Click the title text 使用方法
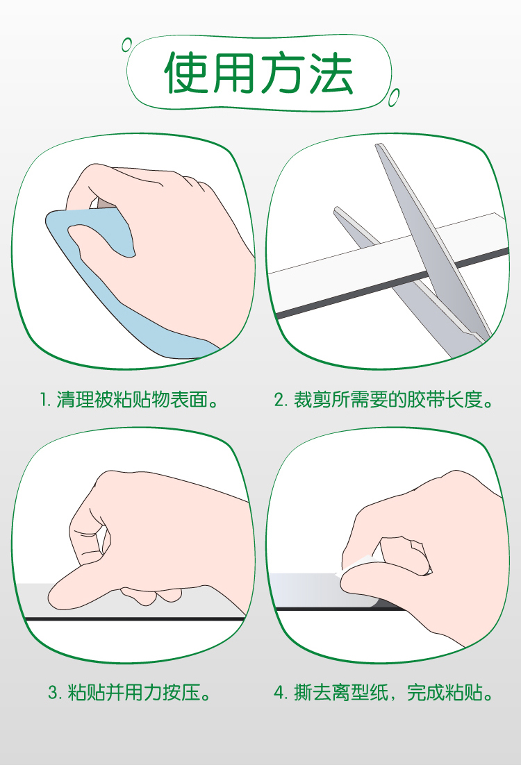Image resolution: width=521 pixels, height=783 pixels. point(258,73)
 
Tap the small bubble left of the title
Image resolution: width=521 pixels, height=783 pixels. point(127,45)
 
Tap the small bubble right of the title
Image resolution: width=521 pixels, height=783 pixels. point(394,97)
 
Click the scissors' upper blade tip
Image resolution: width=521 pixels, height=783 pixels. point(378,146)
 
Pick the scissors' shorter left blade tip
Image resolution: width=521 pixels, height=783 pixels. point(337,210)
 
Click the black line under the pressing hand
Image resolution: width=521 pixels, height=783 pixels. point(135,619)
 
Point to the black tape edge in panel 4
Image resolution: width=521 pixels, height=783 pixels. point(340,608)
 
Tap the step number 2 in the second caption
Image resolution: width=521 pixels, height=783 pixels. point(279,400)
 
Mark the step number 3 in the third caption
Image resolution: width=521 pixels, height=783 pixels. point(53,693)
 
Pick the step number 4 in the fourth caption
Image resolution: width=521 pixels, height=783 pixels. point(279,693)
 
